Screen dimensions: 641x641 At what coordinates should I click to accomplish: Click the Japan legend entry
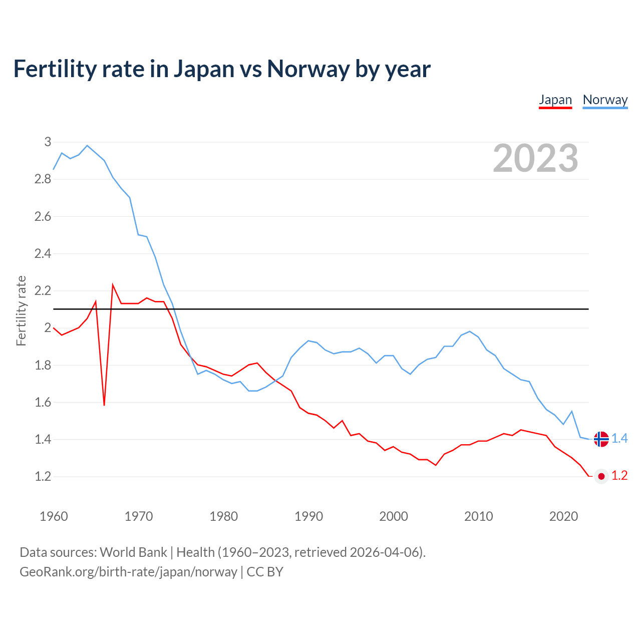tap(555, 100)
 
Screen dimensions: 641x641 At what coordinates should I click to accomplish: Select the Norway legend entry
tap(605, 100)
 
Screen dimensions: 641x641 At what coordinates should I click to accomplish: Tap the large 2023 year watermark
tap(535, 158)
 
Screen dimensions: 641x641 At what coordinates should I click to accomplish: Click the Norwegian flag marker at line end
tap(601, 439)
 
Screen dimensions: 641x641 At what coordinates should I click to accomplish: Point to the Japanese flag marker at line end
tap(601, 476)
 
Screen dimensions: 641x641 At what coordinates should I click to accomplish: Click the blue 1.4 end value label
tap(619, 439)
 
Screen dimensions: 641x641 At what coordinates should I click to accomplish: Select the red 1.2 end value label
tap(619, 476)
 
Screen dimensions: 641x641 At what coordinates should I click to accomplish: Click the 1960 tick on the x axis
tap(54, 516)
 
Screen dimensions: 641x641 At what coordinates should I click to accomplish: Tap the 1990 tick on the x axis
tap(308, 516)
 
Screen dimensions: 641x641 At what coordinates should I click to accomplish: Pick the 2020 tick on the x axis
tap(563, 516)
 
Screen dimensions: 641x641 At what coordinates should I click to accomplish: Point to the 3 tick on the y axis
tap(48, 142)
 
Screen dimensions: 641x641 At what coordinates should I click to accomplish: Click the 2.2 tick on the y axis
tap(43, 291)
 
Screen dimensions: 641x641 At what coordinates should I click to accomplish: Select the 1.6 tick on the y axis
tap(43, 402)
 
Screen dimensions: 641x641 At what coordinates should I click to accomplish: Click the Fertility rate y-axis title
tap(21, 310)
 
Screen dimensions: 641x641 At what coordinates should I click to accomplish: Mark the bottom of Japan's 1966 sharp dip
tap(104, 405)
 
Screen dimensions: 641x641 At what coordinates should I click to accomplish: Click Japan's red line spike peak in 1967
tap(113, 285)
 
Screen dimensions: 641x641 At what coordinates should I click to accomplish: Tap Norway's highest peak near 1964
tap(87, 146)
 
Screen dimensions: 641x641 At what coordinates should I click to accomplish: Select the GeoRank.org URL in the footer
tap(128, 572)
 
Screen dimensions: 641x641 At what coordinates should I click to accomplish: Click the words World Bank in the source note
tap(133, 552)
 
